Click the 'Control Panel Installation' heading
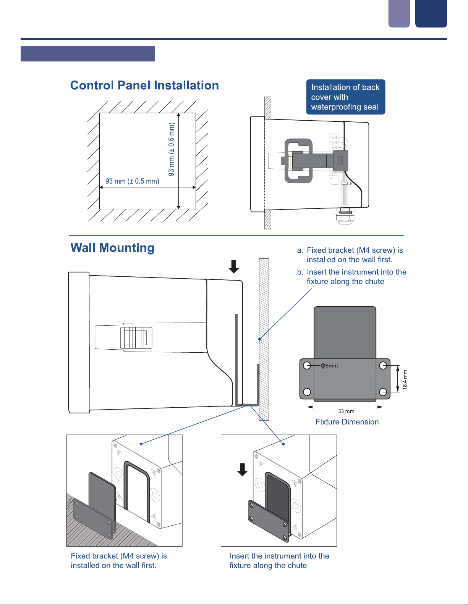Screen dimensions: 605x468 144,85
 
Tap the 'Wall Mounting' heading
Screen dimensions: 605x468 112,248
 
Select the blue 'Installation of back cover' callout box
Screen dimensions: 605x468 345,97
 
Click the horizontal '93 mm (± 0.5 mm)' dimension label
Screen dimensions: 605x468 132,181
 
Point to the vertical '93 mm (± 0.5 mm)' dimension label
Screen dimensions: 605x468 172,149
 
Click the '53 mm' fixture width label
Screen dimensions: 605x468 346,411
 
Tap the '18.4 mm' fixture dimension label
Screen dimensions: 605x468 405,379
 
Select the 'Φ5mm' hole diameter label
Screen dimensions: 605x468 329,366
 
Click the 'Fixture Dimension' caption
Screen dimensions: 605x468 347,422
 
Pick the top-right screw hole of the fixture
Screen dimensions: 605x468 383,366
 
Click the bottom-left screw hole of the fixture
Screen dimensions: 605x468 307,392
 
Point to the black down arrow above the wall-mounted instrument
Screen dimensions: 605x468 234,266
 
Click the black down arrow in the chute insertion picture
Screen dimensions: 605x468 242,469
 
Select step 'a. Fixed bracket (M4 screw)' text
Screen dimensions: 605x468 350,255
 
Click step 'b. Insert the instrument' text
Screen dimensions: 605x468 351,277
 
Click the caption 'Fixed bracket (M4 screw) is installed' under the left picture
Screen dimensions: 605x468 119,560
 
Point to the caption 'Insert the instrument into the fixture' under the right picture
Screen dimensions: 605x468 279,560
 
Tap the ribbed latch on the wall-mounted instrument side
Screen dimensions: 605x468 136,337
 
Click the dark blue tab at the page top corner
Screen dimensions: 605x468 431,13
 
